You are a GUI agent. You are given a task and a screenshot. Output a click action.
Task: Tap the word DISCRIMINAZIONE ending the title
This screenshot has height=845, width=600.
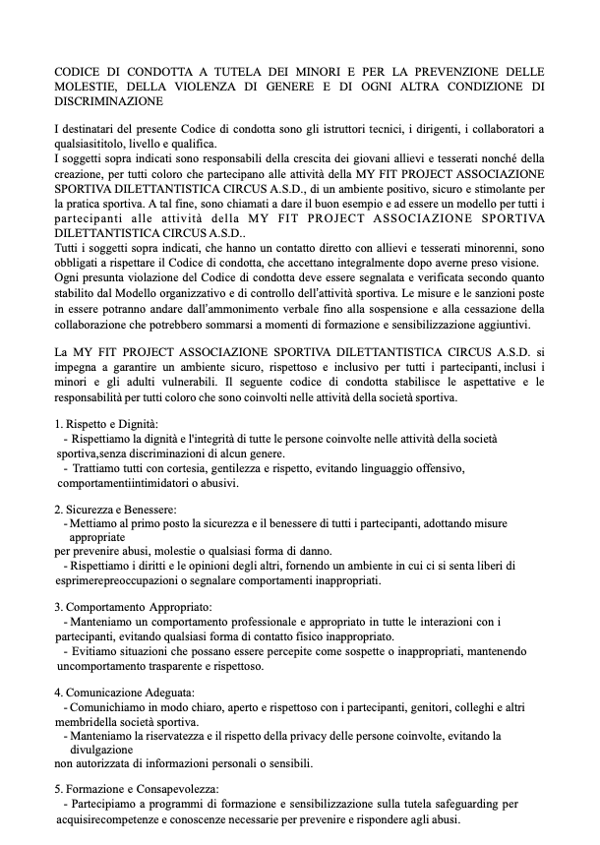(x=108, y=100)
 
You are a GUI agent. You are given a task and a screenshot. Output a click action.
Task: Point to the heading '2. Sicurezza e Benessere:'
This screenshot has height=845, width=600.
(x=115, y=510)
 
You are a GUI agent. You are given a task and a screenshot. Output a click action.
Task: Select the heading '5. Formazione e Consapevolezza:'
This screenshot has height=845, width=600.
(x=137, y=789)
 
